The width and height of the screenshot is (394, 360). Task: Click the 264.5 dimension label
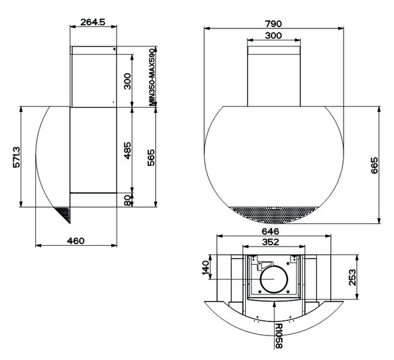93,22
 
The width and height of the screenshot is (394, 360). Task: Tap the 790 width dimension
274,24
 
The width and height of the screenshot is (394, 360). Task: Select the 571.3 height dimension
17,157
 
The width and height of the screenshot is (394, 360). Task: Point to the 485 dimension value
127,151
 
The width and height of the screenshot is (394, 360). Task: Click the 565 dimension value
151,158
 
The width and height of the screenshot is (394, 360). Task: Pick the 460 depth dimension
76,241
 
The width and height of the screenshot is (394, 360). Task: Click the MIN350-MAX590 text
153,77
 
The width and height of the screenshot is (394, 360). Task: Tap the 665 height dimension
374,165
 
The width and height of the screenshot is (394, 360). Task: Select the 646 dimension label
270,231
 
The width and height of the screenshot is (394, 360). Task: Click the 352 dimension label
270,242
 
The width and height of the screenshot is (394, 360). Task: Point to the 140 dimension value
206,267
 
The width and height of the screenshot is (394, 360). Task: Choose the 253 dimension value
352,277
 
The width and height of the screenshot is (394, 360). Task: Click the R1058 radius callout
279,336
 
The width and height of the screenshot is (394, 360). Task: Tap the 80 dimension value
127,200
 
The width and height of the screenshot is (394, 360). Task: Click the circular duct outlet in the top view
274,279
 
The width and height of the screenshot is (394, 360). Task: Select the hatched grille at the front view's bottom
274,214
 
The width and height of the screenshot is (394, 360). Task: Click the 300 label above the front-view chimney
274,36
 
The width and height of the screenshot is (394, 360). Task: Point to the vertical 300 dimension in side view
127,81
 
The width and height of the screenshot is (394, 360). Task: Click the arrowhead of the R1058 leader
275,304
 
